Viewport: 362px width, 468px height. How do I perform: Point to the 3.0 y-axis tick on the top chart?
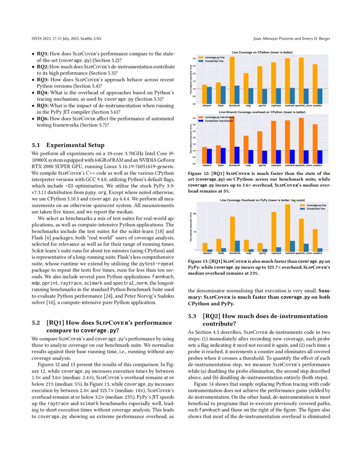194,58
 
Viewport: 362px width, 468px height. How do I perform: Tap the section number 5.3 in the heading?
192,316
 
